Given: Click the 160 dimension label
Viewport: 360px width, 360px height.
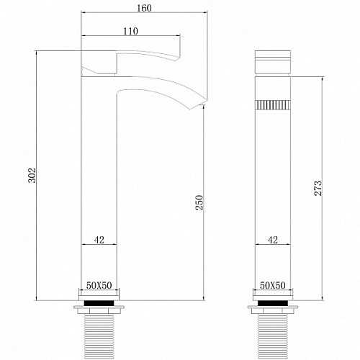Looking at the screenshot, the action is point(144,8).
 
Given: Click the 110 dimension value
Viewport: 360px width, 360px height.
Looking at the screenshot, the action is point(130,31).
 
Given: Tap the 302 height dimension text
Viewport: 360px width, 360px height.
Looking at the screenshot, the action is point(32,175).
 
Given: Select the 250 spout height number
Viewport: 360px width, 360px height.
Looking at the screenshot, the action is point(199,203).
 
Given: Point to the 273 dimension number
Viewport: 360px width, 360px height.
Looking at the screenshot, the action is point(318,189).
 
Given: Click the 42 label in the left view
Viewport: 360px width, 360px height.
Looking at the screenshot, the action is point(99,240).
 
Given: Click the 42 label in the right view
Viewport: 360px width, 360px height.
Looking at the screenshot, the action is point(273,240).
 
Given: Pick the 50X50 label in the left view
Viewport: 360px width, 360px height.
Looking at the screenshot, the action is point(99,286).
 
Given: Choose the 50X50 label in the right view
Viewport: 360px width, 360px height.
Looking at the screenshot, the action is point(273,286).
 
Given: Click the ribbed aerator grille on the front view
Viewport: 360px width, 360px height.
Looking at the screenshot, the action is point(273,105).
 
